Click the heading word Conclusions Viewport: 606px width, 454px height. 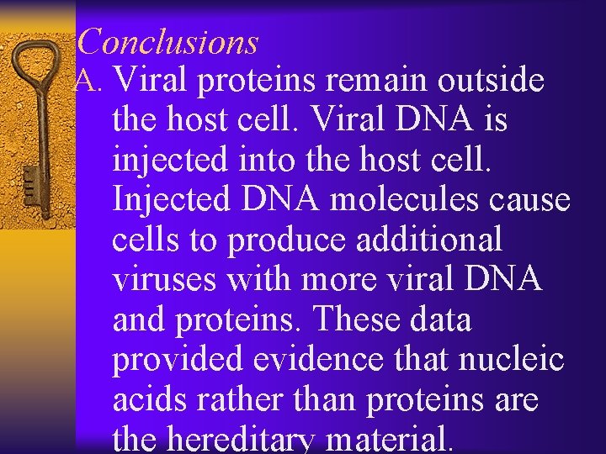172,41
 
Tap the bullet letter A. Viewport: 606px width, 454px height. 89,81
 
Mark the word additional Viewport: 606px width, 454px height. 429,240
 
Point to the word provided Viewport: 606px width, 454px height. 177,360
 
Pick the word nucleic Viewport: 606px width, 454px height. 512,360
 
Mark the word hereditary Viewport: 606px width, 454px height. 244,440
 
